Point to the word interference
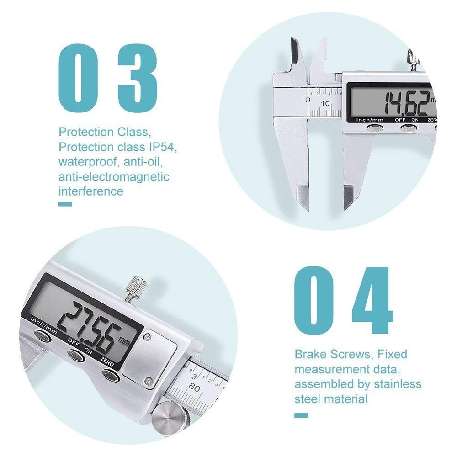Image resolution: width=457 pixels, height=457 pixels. pos(90,191)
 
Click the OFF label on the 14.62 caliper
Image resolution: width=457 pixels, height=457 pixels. pos(401,120)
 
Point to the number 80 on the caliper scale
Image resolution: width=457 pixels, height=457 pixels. pos(194,388)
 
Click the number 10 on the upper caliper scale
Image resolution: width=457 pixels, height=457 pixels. pos(325,103)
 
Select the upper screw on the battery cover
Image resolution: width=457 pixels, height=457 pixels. pos(146,337)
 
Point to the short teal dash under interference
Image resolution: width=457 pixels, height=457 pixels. pos(65,204)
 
